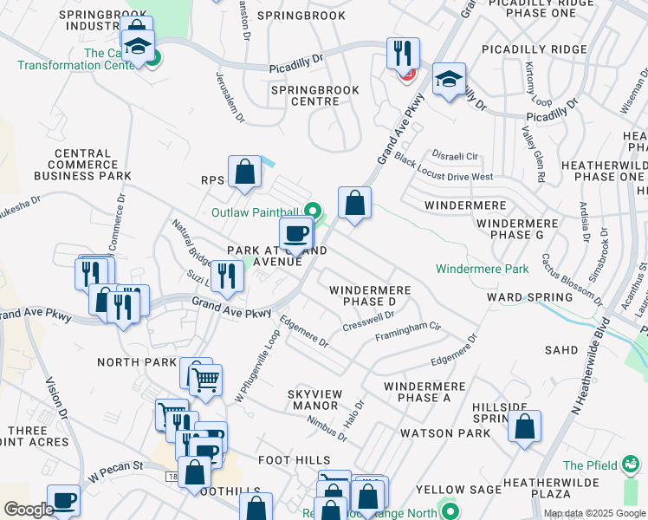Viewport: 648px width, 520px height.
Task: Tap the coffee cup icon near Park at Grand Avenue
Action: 295,233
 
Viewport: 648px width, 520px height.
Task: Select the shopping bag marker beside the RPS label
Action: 245,172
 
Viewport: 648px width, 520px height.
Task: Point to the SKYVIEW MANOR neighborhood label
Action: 314,400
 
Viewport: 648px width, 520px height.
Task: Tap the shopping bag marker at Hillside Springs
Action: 524,426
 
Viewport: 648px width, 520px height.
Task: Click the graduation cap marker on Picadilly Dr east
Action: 449,80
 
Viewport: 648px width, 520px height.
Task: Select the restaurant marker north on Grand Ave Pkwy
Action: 403,54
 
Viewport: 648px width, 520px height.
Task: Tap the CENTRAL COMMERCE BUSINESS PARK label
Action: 83,165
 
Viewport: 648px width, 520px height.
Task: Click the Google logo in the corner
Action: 29,510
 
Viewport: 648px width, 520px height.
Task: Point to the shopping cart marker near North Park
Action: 205,380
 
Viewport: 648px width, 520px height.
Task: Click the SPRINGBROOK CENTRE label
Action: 305,95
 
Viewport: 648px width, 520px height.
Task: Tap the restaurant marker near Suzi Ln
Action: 226,276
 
